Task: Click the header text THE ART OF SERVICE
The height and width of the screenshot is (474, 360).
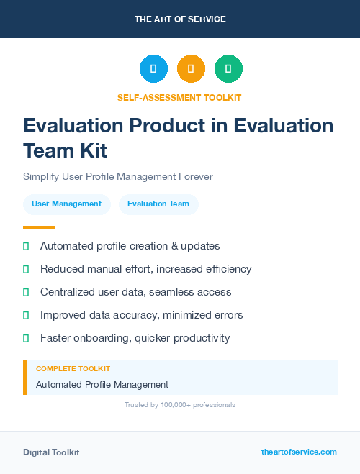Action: tap(180, 19)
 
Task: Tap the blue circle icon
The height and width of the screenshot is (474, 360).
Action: tap(153, 69)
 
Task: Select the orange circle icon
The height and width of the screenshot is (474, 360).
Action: tap(191, 69)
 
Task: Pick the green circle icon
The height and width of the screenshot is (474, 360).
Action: tap(228, 69)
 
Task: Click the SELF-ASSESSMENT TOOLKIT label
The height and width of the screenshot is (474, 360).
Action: tap(180, 97)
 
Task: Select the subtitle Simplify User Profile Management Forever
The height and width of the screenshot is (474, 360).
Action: tap(118, 176)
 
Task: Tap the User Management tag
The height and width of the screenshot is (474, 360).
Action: tap(67, 204)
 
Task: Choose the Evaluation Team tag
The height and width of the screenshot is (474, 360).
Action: tap(158, 204)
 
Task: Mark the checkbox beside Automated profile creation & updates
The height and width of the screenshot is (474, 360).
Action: tap(26, 246)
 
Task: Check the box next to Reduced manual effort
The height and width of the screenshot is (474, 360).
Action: tap(26, 269)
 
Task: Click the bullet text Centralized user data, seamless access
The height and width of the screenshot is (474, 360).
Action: tap(136, 292)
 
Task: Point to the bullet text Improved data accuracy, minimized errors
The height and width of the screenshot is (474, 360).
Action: tap(142, 315)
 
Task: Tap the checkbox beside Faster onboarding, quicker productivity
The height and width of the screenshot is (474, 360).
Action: tap(26, 338)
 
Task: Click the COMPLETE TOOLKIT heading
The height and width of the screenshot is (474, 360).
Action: tap(73, 369)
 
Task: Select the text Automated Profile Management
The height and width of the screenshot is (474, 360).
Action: tap(102, 385)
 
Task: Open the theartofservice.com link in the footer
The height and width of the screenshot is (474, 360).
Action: tap(299, 452)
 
